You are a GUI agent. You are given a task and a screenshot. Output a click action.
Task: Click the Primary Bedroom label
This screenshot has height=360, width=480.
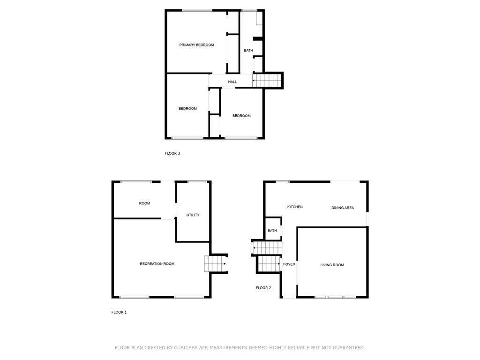196,45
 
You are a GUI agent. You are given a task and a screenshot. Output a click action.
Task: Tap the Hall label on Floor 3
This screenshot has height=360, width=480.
232,82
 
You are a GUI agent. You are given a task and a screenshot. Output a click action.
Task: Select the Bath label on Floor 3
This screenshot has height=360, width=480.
248,51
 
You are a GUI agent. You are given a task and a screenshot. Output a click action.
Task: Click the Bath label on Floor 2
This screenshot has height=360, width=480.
272,231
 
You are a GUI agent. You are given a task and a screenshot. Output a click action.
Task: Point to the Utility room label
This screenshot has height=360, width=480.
193,215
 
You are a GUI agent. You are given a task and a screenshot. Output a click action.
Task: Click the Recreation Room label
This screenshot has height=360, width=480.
157,264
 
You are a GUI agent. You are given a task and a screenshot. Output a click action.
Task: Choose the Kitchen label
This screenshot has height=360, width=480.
295,207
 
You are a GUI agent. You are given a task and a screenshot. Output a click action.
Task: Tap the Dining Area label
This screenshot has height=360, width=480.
343,208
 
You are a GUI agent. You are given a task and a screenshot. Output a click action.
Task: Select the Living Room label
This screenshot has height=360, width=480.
332,265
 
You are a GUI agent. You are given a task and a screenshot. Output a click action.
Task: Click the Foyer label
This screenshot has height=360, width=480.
289,264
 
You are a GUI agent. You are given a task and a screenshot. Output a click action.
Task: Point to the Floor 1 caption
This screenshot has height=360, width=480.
119,312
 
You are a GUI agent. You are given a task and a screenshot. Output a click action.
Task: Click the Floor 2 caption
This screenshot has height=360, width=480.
263,288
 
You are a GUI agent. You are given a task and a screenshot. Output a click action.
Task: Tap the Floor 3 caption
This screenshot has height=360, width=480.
172,153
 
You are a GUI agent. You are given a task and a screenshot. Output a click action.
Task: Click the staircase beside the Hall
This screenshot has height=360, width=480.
267,81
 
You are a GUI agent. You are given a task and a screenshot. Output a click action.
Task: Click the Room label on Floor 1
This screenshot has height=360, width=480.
144,203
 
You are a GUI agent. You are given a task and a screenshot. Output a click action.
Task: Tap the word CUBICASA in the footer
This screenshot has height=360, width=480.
186,348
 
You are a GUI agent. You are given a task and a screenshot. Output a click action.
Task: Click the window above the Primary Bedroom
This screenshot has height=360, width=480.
197,10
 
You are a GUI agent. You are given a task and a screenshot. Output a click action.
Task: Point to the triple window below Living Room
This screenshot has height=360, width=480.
335,297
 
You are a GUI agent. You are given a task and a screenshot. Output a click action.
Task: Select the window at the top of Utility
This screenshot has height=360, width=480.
197,182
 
